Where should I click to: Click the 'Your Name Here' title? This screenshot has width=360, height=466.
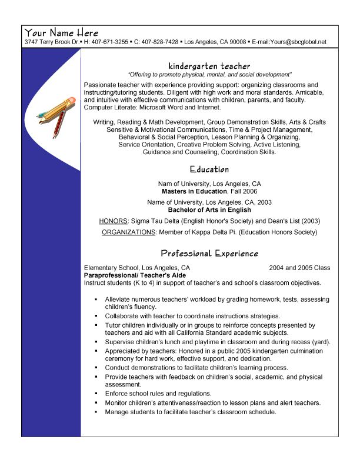tap(61, 33)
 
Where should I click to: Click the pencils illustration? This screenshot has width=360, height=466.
tap(57, 115)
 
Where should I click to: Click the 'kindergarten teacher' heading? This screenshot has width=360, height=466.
tap(209, 66)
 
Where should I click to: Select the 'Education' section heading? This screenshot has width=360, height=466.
tap(209, 169)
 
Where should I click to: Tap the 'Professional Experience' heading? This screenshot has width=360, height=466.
tap(209, 254)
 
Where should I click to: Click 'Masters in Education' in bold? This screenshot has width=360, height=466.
tap(194, 191)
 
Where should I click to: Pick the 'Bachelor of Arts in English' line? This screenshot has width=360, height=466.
tap(209, 209)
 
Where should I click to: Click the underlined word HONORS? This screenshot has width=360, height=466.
tap(114, 221)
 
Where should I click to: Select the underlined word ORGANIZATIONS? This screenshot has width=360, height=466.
tap(128, 232)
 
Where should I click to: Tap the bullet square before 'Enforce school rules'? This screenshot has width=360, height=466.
tap(95, 394)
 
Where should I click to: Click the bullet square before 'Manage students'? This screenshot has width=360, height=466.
tap(95, 412)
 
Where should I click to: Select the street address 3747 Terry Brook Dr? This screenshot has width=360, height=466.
tap(51, 42)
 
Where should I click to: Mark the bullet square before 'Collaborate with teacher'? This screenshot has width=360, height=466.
tap(95, 316)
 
